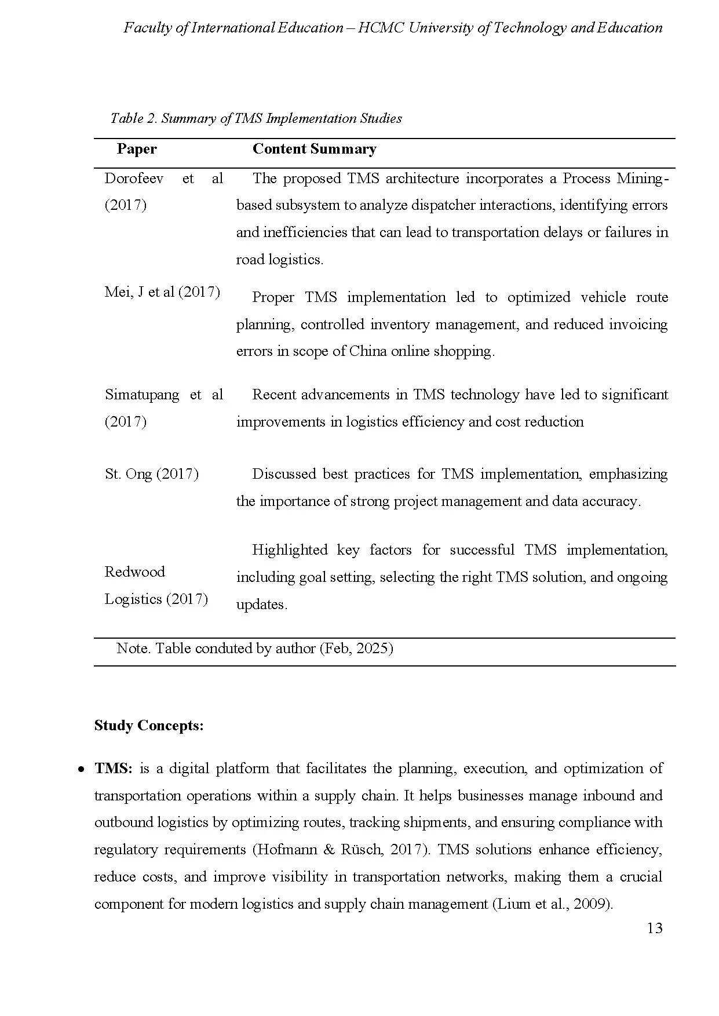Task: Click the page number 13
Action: (x=654, y=928)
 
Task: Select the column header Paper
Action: (x=137, y=150)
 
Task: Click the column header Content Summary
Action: (x=314, y=150)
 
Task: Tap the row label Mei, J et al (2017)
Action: (x=162, y=292)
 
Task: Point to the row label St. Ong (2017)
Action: (x=152, y=474)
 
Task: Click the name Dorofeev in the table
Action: (x=134, y=179)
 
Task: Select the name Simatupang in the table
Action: (x=142, y=395)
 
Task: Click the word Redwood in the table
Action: (x=134, y=572)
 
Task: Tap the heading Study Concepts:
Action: (x=149, y=726)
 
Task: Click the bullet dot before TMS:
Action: (x=82, y=770)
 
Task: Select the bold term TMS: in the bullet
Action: (x=114, y=769)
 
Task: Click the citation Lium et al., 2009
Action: (x=552, y=904)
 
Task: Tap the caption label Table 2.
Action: (x=134, y=119)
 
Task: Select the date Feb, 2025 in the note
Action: (x=356, y=649)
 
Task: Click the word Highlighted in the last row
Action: (x=290, y=550)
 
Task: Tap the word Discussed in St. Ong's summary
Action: (x=284, y=474)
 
